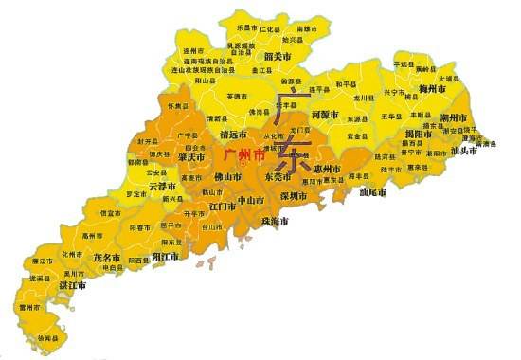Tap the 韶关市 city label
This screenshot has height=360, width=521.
[277, 57]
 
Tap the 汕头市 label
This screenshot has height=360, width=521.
[467, 153]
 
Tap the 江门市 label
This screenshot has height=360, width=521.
[224, 206]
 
